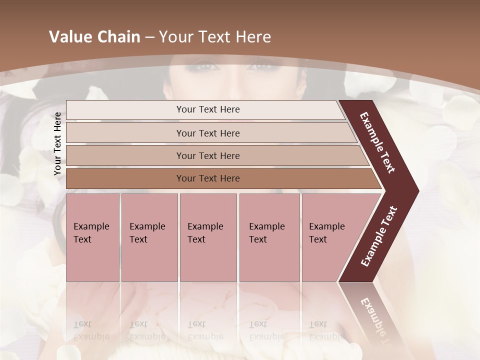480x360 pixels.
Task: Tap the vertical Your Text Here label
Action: pyautogui.click(x=57, y=143)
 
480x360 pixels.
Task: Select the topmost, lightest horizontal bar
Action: pyautogui.click(x=207, y=109)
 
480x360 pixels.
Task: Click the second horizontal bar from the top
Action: pyautogui.click(x=207, y=133)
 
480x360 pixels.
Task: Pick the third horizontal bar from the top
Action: pyautogui.click(x=207, y=155)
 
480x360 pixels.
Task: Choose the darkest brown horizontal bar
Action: pyautogui.click(x=207, y=178)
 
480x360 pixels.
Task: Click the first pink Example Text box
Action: pyautogui.click(x=92, y=237)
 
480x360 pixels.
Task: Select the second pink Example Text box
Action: pyautogui.click(x=149, y=237)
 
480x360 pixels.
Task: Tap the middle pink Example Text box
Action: pyautogui.click(x=208, y=237)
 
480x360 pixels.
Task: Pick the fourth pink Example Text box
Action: pyautogui.click(x=269, y=237)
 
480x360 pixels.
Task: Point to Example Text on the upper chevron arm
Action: pyautogui.click(x=378, y=142)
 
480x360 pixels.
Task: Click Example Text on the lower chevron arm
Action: pyautogui.click(x=379, y=236)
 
